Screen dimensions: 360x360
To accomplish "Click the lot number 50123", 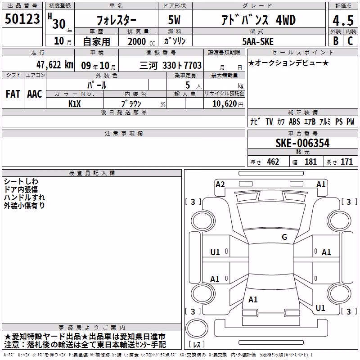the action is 22,19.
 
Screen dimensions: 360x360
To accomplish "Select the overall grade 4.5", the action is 343,21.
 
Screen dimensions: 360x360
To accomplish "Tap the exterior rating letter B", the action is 336,41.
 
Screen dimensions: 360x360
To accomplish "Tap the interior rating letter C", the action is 350,41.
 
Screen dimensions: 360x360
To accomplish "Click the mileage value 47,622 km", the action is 54,65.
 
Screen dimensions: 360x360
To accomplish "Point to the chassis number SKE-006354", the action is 302,143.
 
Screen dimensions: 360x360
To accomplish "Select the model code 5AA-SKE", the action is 258,41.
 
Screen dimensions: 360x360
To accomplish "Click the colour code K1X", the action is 75,104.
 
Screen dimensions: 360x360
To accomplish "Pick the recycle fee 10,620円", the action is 228,104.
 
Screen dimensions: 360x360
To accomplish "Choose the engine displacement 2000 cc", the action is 141,41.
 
